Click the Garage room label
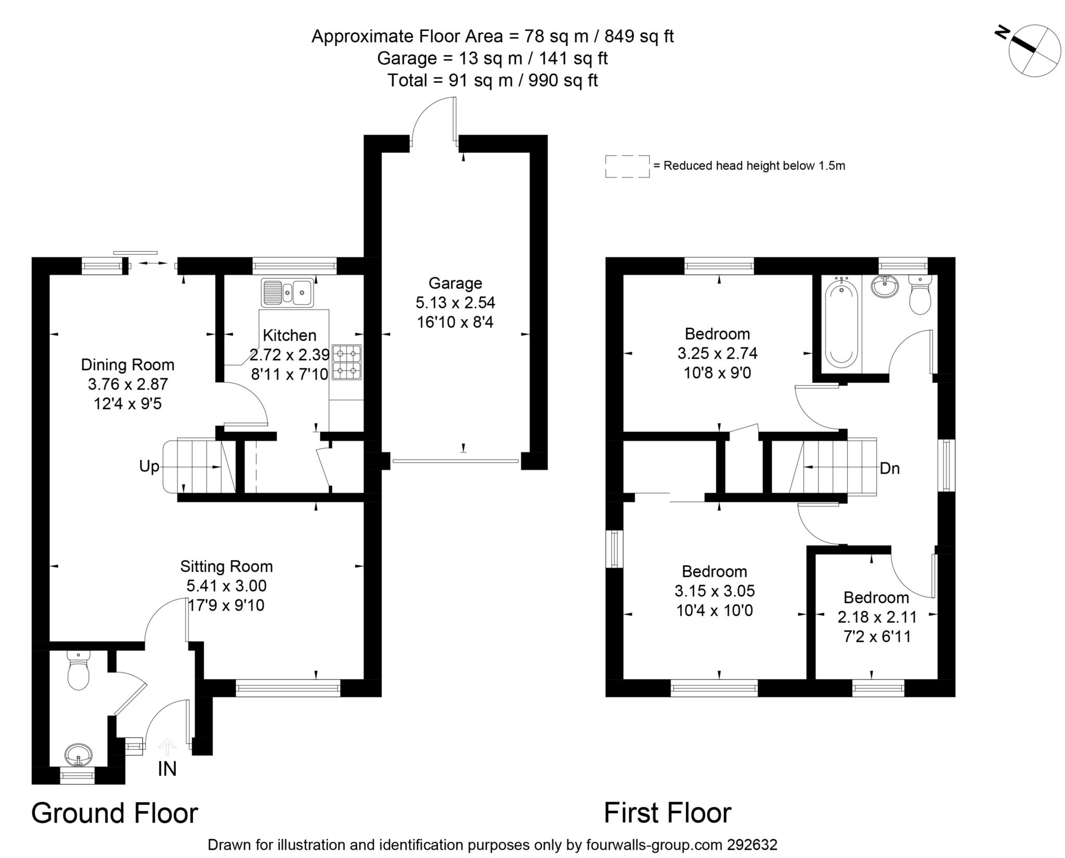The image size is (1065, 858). tap(455, 283)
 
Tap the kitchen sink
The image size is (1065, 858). tap(288, 292)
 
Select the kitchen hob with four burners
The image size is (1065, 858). tap(347, 362)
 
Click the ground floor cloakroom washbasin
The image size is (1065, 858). tap(79, 753)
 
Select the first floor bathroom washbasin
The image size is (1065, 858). tap(885, 285)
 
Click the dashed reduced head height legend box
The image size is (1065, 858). tap(627, 166)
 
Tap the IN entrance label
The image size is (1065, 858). tap(167, 769)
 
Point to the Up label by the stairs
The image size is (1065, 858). tap(149, 466)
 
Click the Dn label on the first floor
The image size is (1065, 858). tap(890, 469)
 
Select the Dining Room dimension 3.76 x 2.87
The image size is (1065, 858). tap(128, 384)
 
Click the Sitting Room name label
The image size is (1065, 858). tap(226, 566)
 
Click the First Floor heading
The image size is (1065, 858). tap(668, 813)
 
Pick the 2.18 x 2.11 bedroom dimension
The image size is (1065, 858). tap(877, 617)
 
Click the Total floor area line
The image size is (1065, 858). tap(492, 81)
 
